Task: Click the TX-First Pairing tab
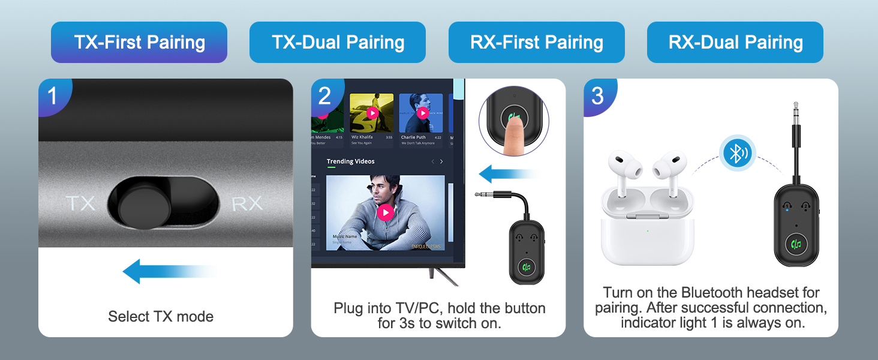(x=139, y=43)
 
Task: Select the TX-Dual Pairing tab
(x=338, y=43)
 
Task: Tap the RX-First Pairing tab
(x=537, y=43)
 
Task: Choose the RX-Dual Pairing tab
(x=735, y=43)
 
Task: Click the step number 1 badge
(x=53, y=95)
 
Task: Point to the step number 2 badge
(x=325, y=95)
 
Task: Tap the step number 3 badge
(x=597, y=95)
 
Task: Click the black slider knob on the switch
(x=139, y=204)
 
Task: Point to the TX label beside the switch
(x=80, y=203)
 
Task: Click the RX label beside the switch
(x=247, y=203)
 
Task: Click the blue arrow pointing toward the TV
(x=507, y=175)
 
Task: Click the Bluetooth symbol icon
(x=737, y=153)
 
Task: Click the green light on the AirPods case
(x=647, y=231)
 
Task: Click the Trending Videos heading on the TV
(x=350, y=161)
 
